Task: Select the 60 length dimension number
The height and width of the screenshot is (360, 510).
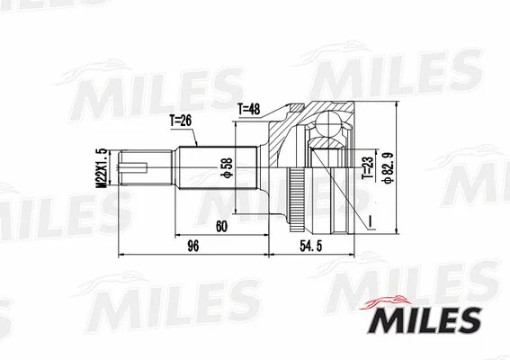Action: tap(219, 227)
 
